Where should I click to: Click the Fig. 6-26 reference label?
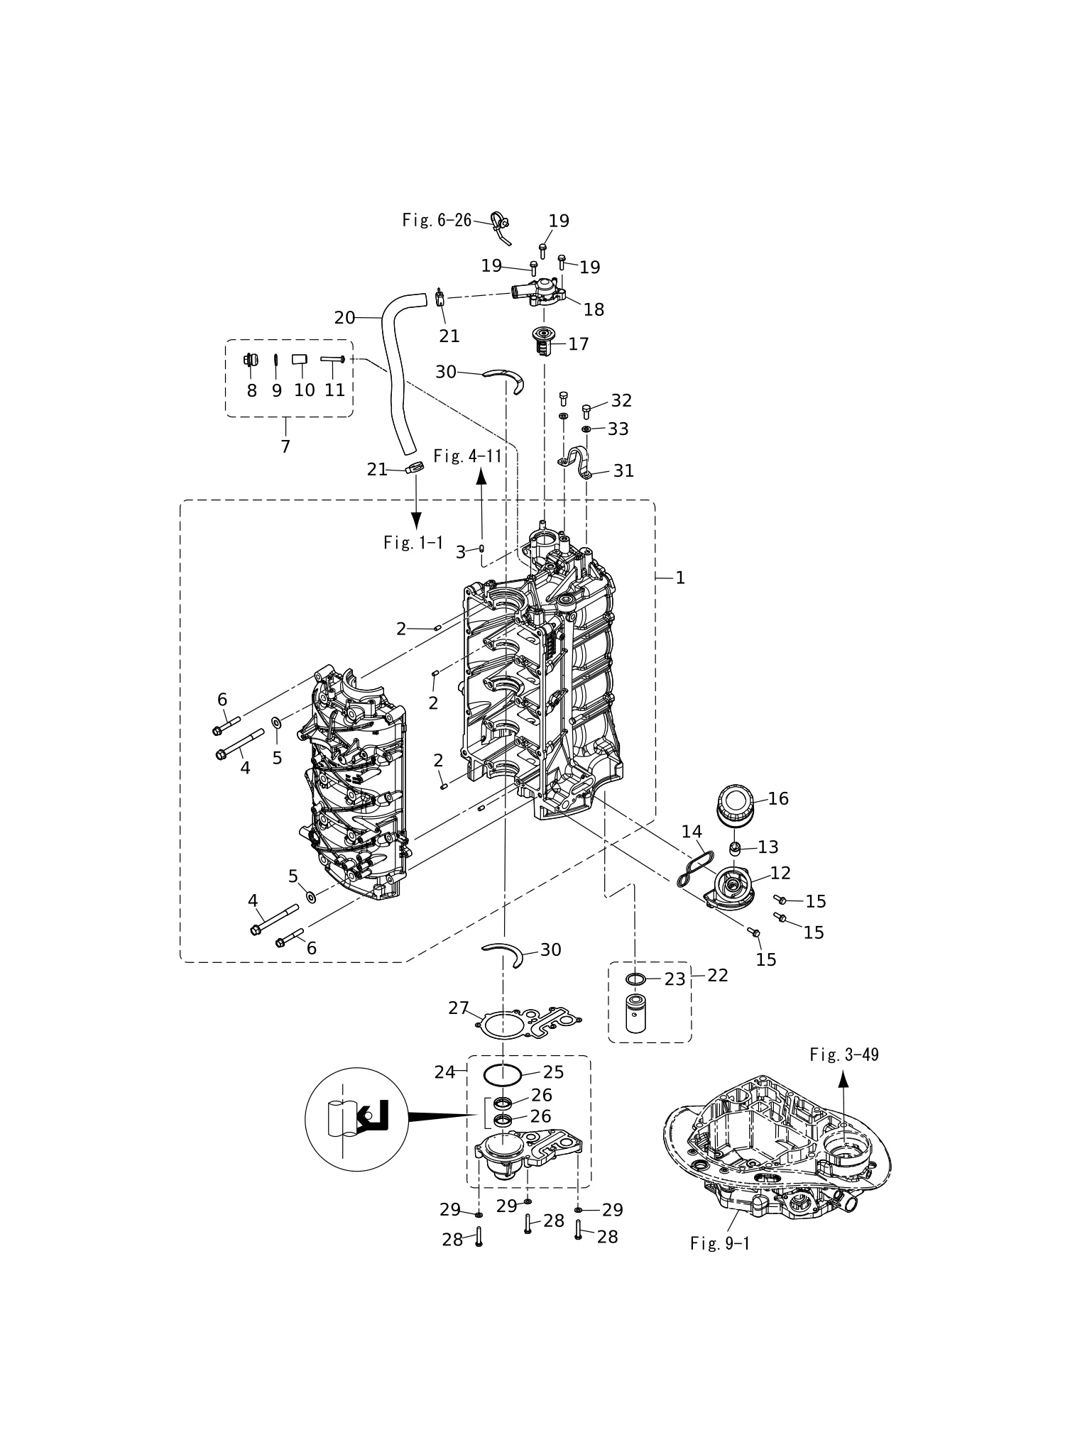coord(437,220)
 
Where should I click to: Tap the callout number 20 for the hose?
coord(344,318)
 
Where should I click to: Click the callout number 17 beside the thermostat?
coord(579,343)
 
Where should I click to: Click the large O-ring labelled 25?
coord(503,1076)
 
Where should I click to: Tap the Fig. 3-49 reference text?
coord(843,1054)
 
